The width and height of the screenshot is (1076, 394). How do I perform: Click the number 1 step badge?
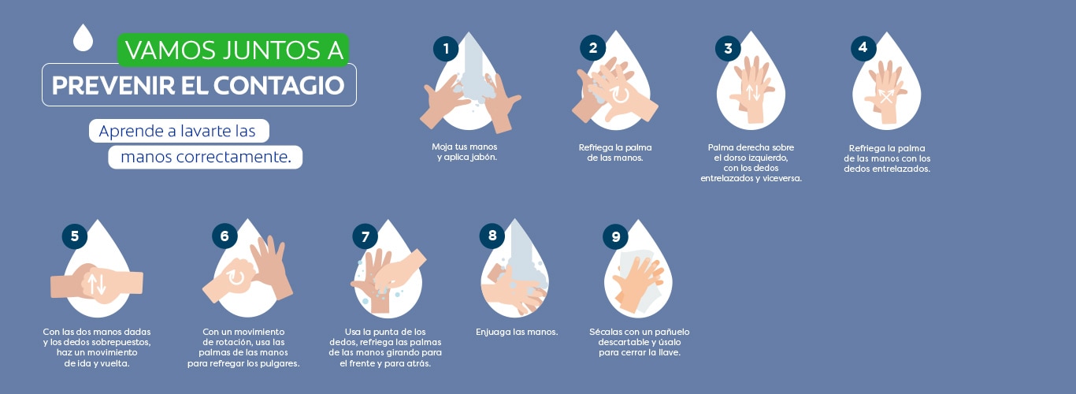tap(446, 49)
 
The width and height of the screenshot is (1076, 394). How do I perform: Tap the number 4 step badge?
tap(863, 48)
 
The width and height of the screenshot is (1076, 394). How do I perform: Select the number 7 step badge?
tap(365, 236)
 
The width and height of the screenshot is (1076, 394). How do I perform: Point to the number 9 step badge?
tap(616, 236)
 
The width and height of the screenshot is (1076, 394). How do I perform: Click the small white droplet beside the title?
tap(83, 38)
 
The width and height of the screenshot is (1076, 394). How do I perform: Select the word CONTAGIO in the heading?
tap(279, 86)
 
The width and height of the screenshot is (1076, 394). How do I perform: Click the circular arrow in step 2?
tap(620, 95)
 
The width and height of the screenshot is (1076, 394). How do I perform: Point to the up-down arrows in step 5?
tap(97, 284)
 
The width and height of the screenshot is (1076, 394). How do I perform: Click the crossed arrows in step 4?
tap(886, 96)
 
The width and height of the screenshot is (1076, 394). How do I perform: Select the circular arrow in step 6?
tap(236, 277)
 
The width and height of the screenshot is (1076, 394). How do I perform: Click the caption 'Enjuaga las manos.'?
tap(517, 332)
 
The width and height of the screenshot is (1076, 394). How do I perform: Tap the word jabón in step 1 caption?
tap(482, 157)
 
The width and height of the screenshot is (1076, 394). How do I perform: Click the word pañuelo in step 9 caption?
tap(673, 332)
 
